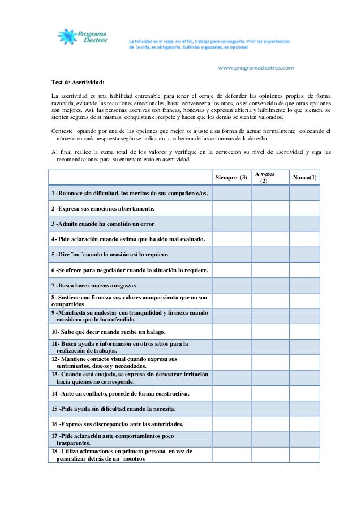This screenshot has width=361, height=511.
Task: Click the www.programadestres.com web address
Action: point(256,68)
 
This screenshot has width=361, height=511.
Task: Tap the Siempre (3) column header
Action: point(231,178)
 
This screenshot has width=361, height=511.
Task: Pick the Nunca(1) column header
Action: point(305,178)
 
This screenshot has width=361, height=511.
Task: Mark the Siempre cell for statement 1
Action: point(232,193)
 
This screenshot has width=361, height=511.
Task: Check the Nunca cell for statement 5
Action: point(305,254)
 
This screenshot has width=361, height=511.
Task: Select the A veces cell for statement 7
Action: point(270,285)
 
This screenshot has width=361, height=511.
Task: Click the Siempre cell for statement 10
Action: point(232,331)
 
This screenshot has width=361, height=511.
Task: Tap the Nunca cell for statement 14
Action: point(305,393)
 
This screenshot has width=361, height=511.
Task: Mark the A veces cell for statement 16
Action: point(270,423)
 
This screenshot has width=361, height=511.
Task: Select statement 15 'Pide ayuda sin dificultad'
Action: point(113,408)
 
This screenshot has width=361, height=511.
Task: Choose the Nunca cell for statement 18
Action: point(305,455)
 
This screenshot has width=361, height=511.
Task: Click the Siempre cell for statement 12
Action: point(232,362)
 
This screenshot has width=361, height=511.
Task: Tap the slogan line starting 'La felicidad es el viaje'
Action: point(209,41)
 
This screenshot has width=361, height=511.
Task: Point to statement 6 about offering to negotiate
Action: point(130,270)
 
